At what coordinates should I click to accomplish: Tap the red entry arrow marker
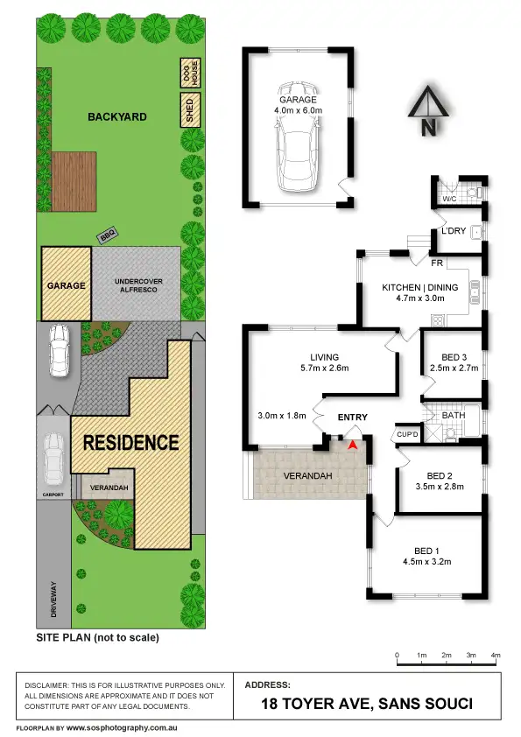pyautogui.click(x=353, y=446)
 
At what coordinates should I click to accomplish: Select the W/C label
pyautogui.click(x=449, y=199)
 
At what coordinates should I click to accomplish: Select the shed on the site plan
pyautogui.click(x=187, y=112)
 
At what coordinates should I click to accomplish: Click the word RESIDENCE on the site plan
pyautogui.click(x=130, y=443)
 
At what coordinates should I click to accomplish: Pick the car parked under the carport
pyautogui.click(x=53, y=457)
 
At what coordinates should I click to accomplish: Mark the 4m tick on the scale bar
pyautogui.click(x=496, y=655)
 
